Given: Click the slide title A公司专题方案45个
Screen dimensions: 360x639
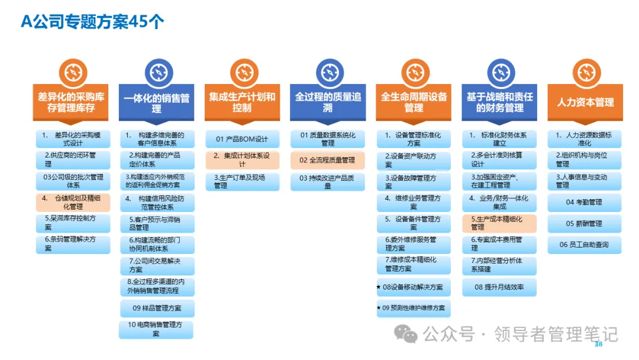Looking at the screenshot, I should (92, 22).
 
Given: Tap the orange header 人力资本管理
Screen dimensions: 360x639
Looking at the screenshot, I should (585, 102).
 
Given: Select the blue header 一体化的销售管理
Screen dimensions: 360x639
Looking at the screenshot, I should (156, 103).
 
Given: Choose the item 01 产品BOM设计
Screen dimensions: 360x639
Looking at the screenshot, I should (242, 139).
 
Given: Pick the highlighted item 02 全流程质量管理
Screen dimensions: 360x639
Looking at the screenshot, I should (327, 160).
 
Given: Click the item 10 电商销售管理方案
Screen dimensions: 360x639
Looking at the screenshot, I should (156, 329).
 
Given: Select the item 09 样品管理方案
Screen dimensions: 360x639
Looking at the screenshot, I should (156, 308).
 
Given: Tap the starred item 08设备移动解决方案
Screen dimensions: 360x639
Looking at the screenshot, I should (414, 287).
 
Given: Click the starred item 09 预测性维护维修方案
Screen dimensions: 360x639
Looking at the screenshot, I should (414, 308).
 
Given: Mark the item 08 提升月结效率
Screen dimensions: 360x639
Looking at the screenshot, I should (499, 287).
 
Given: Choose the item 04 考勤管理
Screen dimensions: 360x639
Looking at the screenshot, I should (585, 202).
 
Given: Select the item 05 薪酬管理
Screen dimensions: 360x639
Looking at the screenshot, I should (585, 223).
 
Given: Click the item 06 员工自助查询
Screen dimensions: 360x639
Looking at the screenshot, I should (585, 244).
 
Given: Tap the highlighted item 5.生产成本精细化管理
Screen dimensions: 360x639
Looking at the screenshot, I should (499, 223).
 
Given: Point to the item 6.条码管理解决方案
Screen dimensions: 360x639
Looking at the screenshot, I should (73, 244).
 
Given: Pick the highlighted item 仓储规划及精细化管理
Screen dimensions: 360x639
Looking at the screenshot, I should (73, 202).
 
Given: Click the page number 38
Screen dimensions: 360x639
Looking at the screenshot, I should (598, 344).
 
